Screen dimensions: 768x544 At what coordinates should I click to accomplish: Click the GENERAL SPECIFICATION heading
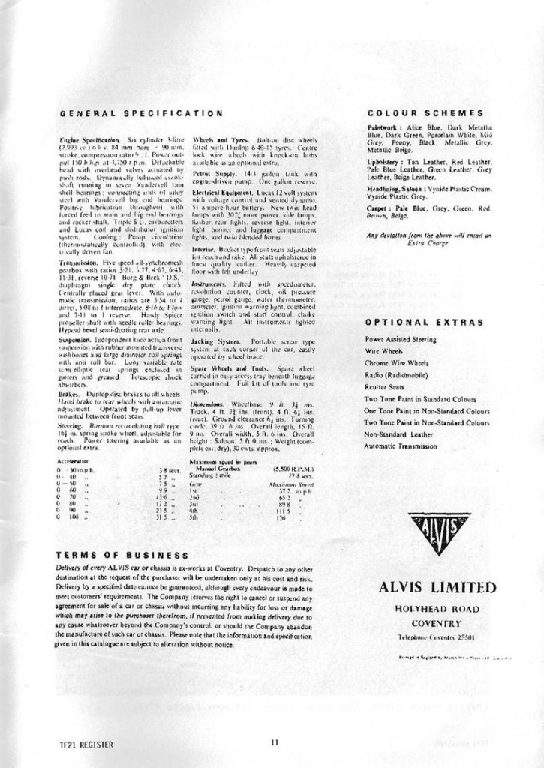click(x=139, y=114)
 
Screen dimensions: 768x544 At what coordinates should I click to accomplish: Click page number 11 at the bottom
click(x=275, y=742)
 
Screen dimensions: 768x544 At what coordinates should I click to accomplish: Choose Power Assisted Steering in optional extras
click(x=399, y=340)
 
